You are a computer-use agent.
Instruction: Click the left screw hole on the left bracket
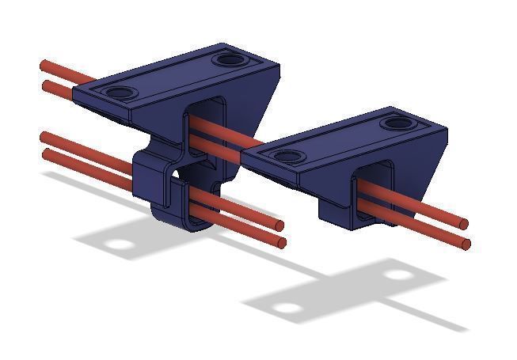pyautogui.click(x=120, y=93)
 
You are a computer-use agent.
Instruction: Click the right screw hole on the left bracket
pyautogui.click(x=230, y=59)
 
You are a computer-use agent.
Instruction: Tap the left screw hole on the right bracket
pyautogui.click(x=287, y=156)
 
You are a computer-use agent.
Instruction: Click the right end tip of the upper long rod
pyautogui.click(x=464, y=224)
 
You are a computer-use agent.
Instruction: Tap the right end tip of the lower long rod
pyautogui.click(x=466, y=244)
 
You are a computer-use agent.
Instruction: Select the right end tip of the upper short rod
pyautogui.click(x=279, y=225)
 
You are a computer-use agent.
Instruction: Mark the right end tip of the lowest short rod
pyautogui.click(x=281, y=242)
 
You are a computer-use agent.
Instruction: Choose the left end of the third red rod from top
pyautogui.click(x=44, y=137)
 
